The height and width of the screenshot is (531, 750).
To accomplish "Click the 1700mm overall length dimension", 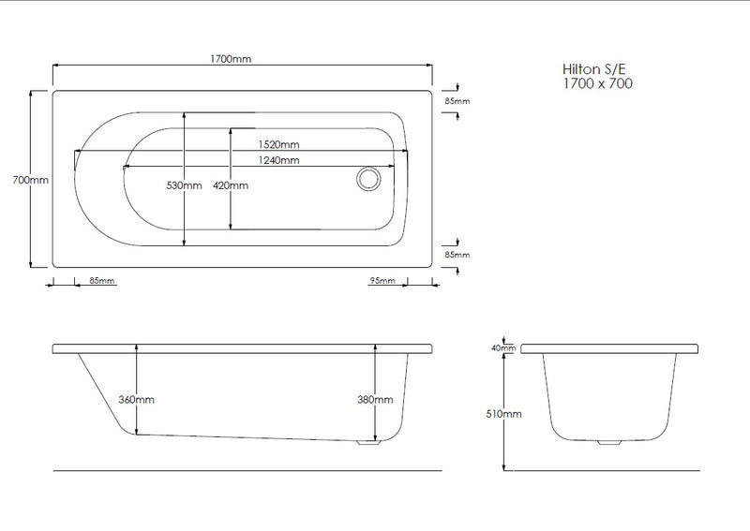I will (x=232, y=59).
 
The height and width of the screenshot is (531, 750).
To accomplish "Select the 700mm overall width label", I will (x=18, y=180).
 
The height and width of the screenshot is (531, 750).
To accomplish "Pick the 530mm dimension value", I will (x=184, y=185).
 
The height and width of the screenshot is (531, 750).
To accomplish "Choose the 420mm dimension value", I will (x=232, y=185).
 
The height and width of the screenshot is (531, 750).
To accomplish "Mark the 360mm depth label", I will (x=137, y=399).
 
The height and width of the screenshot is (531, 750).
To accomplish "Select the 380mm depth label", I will (x=376, y=399).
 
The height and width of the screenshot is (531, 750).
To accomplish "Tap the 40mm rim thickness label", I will (x=504, y=348).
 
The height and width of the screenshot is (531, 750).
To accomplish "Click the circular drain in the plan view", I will (x=367, y=178).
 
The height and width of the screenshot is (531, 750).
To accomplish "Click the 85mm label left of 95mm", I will (x=101, y=281).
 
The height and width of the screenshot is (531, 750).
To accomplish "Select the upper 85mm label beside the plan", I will (x=457, y=100).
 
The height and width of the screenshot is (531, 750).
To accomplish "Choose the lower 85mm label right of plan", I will (x=457, y=254).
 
